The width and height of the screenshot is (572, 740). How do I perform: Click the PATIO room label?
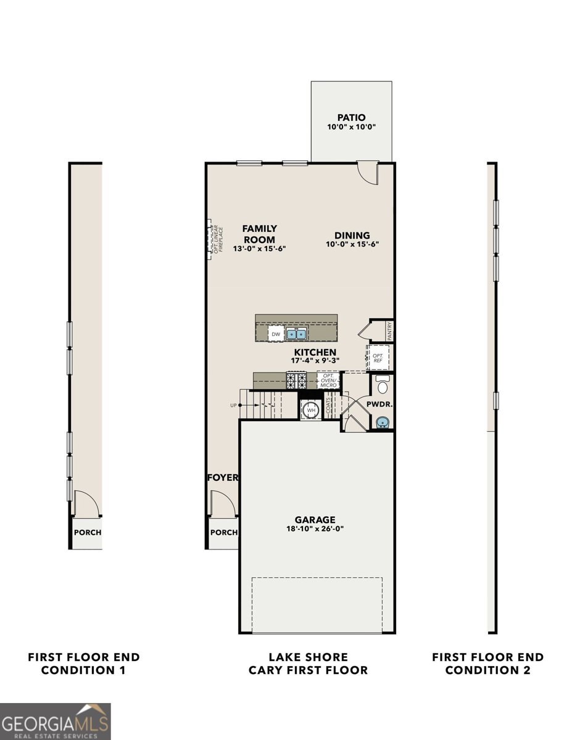[351, 117]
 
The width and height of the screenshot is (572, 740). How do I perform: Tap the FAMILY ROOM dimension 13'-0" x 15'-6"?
[259, 249]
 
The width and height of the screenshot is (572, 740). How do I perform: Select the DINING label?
[352, 235]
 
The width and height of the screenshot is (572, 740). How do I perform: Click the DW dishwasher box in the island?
[276, 334]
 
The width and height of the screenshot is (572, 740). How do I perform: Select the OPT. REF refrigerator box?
[378, 358]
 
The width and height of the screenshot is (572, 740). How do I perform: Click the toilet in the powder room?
[383, 386]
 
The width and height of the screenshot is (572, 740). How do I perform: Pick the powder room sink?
[383, 422]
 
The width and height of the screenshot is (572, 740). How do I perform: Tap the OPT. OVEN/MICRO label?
[328, 380]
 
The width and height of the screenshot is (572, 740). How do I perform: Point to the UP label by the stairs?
[233, 405]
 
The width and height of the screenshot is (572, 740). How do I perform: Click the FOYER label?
[223, 477]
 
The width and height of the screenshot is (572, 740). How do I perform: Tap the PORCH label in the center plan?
[223, 532]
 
